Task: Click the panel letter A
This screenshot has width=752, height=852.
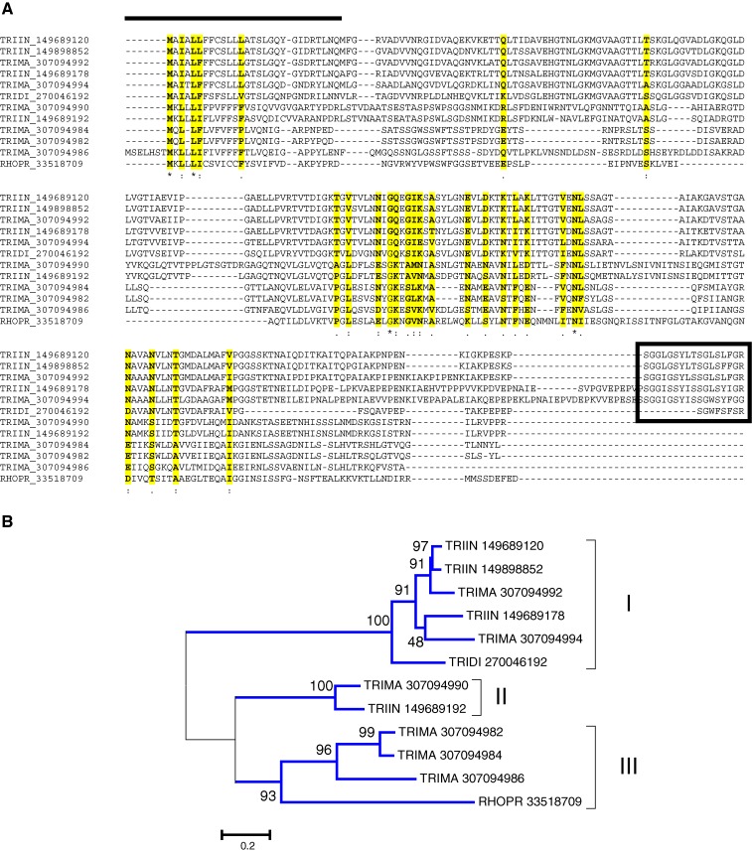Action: coord(8,8)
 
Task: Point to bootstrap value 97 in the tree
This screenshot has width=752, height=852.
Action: coord(422,545)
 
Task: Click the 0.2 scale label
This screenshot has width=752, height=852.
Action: coord(245,845)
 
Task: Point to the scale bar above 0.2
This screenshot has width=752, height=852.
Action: coord(245,826)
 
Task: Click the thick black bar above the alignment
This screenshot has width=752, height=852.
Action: coord(232,17)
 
